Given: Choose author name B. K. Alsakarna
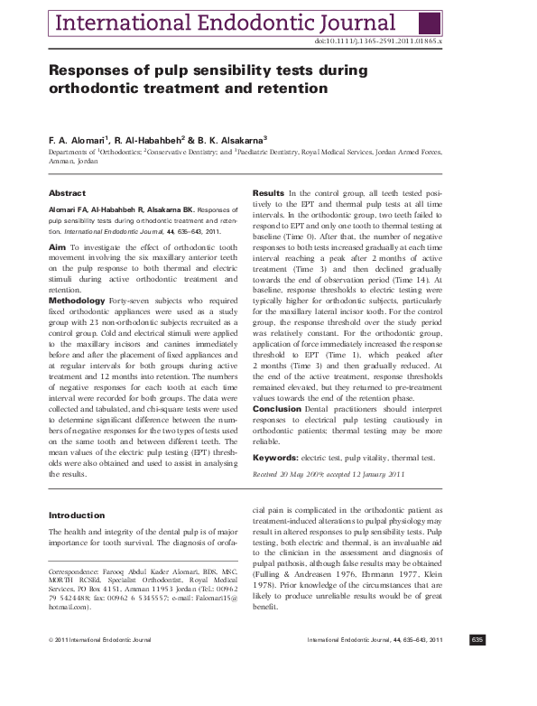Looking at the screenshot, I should (228, 141).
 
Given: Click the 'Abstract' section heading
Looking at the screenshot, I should (67, 193).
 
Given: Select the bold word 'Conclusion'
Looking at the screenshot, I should (276, 408).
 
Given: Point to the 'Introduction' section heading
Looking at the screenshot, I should (77, 516).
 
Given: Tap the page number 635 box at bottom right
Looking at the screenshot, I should (477, 665).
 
